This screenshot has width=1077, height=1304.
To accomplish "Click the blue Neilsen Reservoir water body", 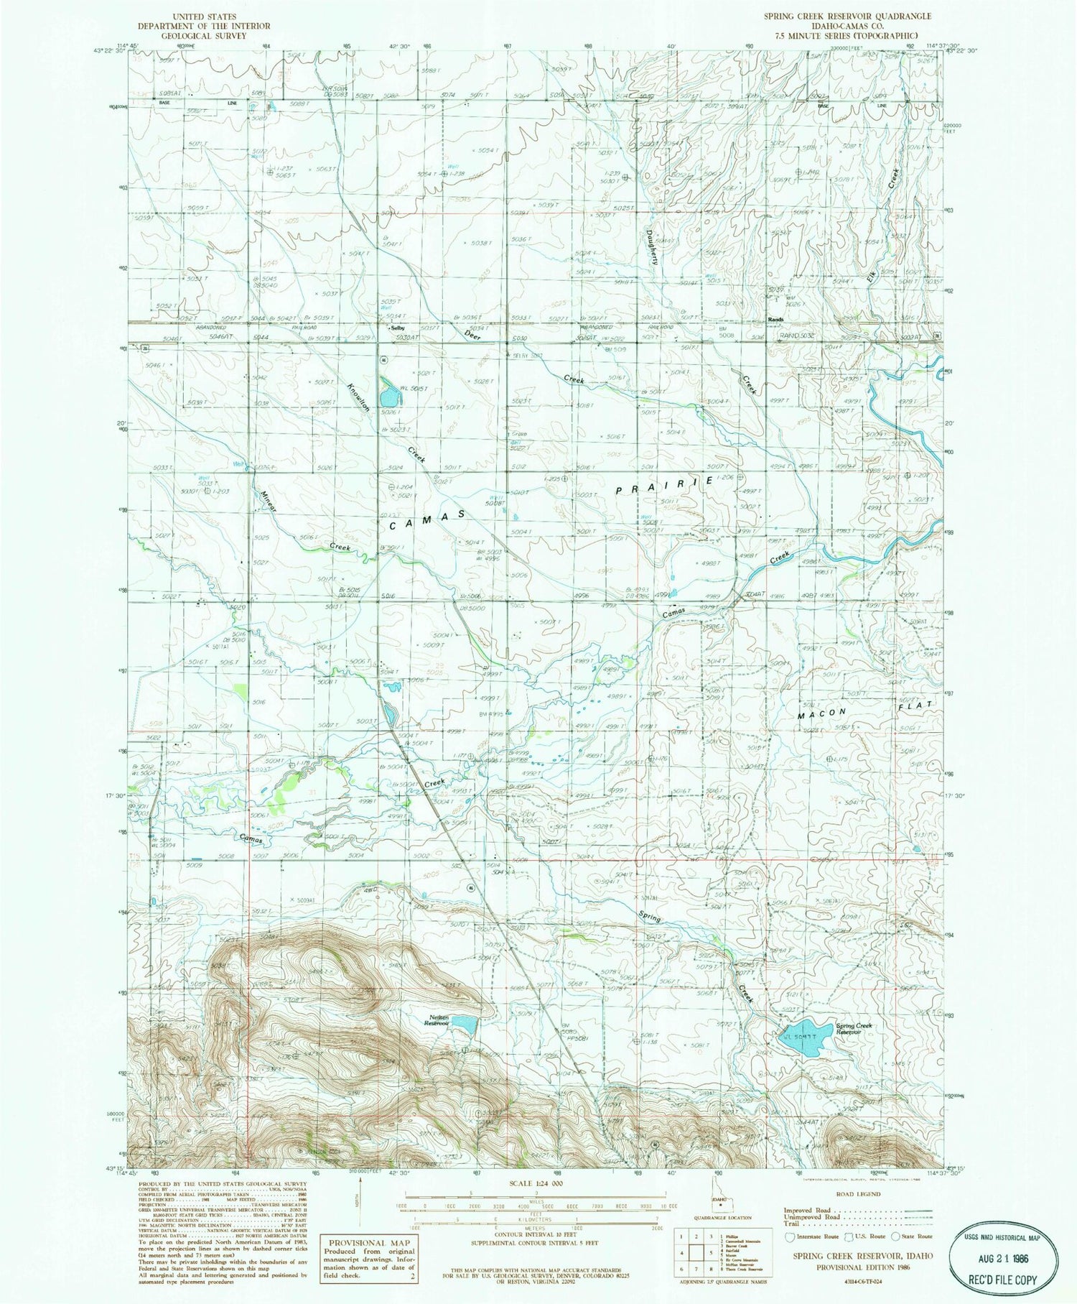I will coord(462,1025).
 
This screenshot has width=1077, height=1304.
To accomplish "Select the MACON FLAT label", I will coord(865,709).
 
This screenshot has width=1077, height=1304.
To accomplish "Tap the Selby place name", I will coord(397,328).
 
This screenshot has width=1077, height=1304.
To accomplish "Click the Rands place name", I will coord(775,320).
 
